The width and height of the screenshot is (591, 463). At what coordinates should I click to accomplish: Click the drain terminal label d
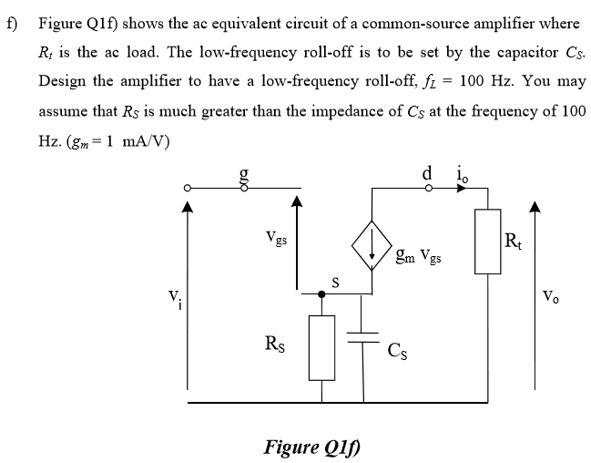(427, 171)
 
